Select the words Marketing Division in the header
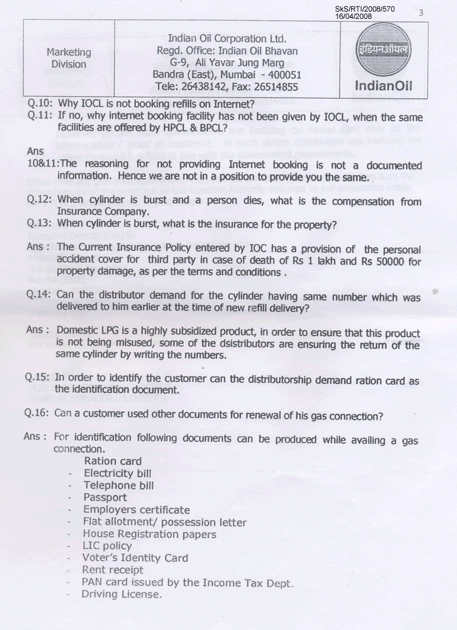69,59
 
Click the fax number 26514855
271,87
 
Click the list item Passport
105,497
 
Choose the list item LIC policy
107,545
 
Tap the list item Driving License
122,593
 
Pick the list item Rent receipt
113,570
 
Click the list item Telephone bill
118,485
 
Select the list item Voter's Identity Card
135,557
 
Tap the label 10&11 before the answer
43,164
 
